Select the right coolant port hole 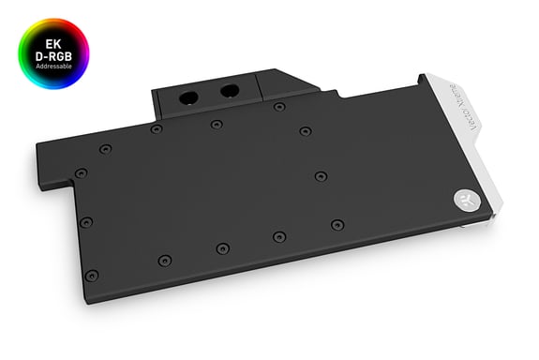coord(228,91)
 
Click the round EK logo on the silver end coord(466,198)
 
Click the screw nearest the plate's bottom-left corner coord(91,275)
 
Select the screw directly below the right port coord(217,124)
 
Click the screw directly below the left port coord(156,128)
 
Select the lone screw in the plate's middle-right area coord(322,175)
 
